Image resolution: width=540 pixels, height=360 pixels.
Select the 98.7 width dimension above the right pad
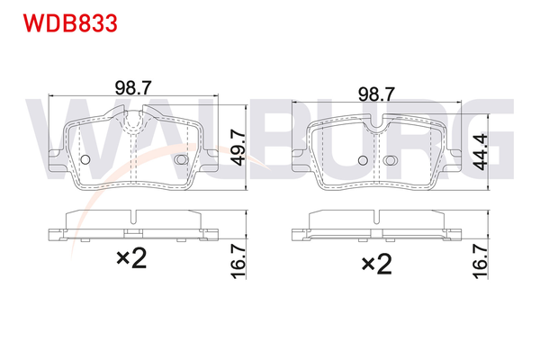coord(376,93)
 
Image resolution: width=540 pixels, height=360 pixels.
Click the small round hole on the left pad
coord(85,160)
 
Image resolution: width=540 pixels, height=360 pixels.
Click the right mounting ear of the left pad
coord(209,164)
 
